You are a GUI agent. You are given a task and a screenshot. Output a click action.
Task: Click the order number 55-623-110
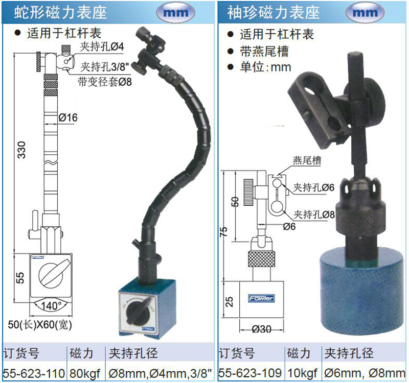point(34,373)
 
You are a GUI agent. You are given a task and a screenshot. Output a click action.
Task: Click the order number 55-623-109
point(250,373)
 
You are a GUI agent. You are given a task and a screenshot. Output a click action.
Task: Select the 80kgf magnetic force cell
point(85,374)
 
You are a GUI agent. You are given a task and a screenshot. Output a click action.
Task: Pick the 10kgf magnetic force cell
point(302,374)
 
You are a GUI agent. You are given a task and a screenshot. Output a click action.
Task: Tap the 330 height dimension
point(21,150)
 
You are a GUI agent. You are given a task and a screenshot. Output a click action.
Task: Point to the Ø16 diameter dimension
point(68,118)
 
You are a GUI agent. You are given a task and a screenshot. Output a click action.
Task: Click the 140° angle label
point(51,305)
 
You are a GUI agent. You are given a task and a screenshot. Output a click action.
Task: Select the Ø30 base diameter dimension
point(262,329)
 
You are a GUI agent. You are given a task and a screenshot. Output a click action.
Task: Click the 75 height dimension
point(224,232)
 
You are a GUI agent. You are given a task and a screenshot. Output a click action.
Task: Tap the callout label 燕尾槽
point(307,160)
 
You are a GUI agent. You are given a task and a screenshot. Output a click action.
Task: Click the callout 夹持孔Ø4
point(102,47)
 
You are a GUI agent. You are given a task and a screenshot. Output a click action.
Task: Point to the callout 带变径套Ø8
point(105,82)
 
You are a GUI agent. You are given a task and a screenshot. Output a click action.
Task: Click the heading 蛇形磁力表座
point(60,12)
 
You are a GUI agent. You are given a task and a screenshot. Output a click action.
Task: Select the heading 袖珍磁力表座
point(274,12)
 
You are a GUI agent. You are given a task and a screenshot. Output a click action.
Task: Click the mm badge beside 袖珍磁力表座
point(365,12)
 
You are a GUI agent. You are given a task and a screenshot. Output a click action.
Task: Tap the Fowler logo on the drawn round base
point(261,298)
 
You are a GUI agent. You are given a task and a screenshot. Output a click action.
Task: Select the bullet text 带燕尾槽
point(264,52)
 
